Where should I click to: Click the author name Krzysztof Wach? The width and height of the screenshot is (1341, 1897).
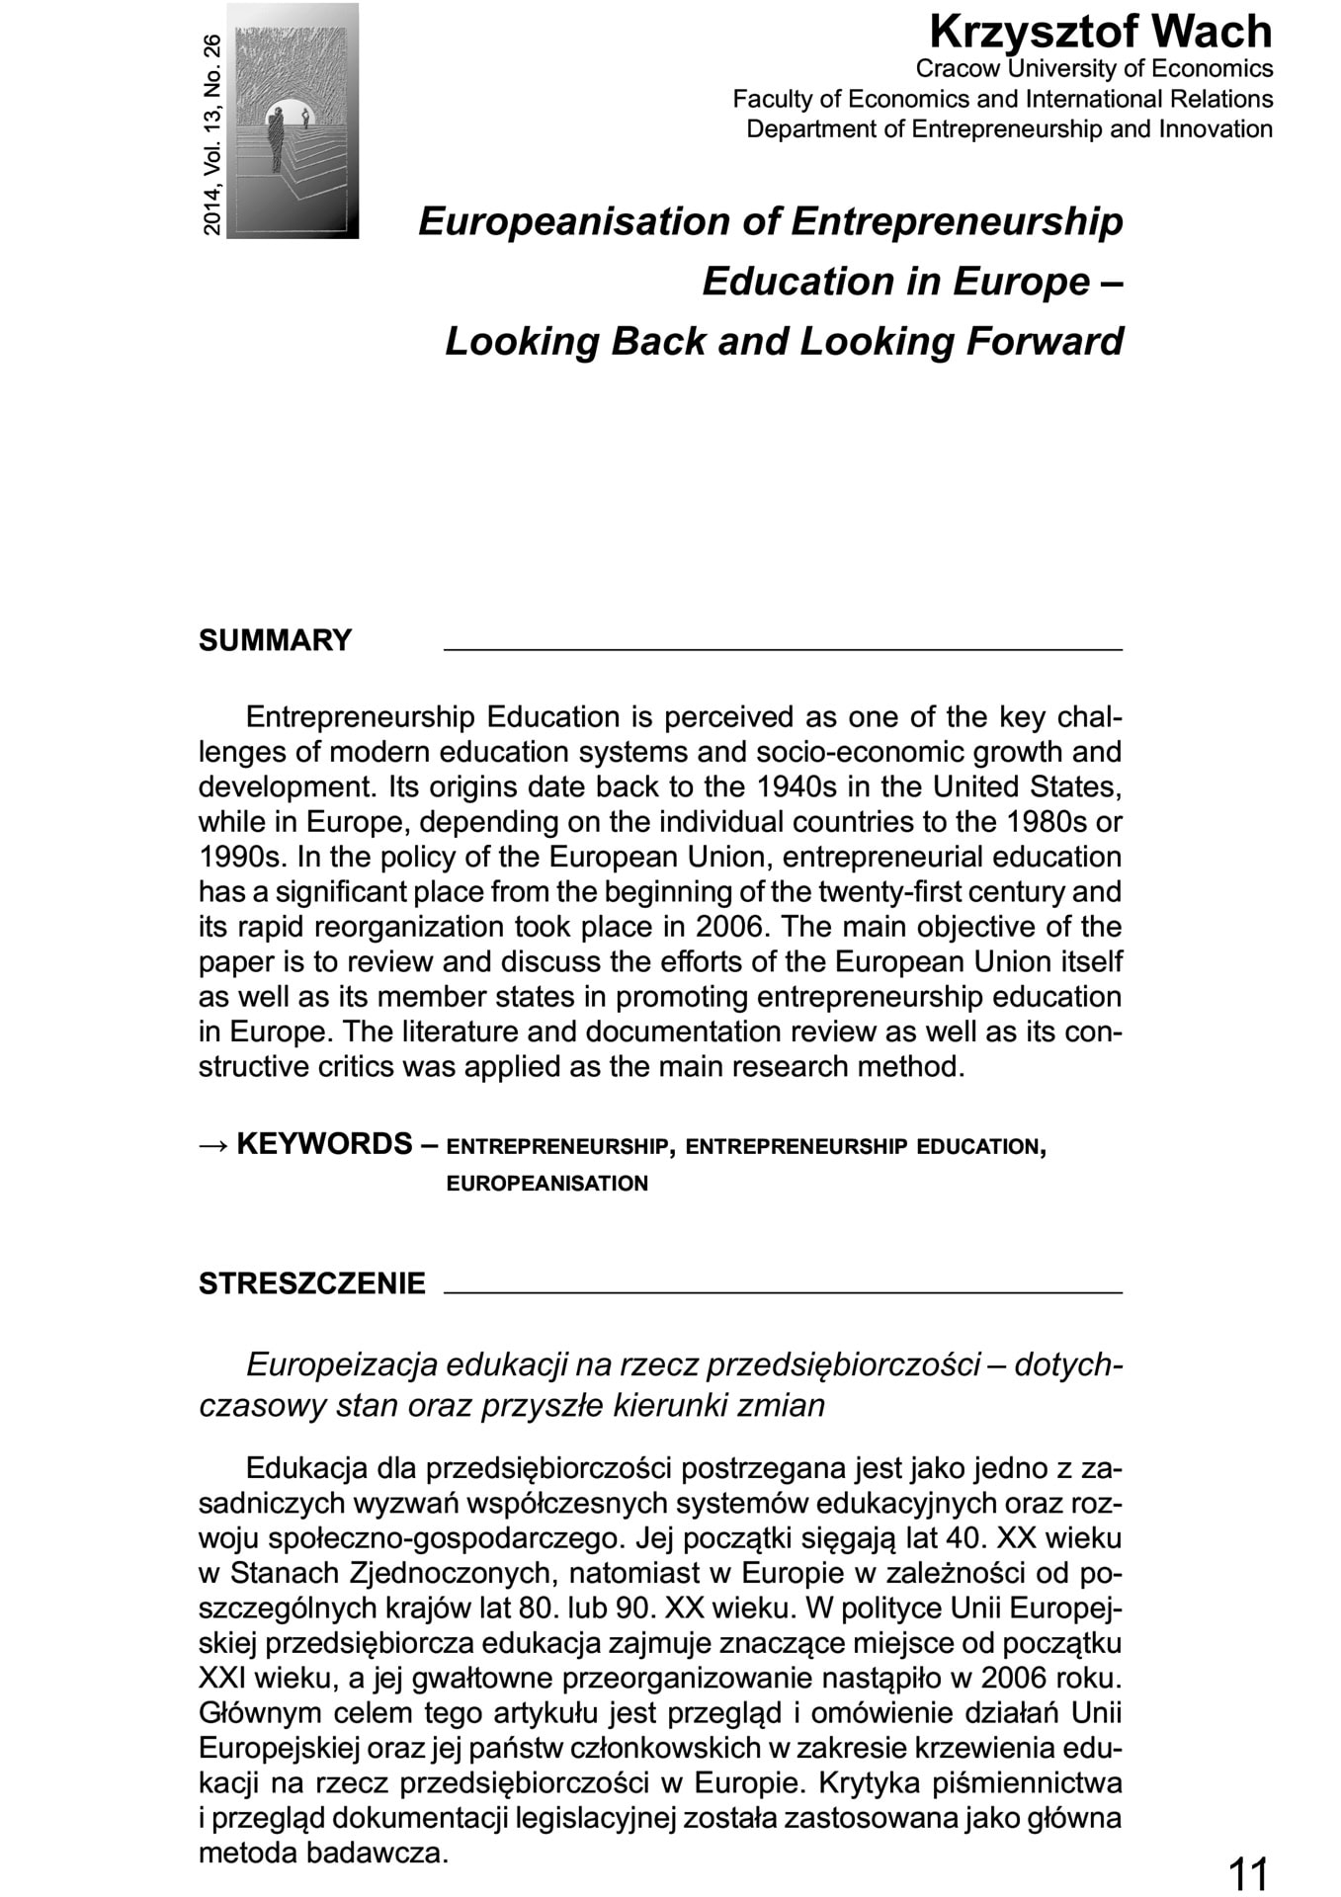click(x=1100, y=33)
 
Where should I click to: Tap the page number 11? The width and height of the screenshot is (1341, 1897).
click(x=1247, y=1871)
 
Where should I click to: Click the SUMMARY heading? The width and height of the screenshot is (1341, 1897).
click(x=275, y=640)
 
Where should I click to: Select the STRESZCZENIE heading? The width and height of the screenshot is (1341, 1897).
click(x=312, y=1283)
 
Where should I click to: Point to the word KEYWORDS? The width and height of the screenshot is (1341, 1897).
click(x=324, y=1144)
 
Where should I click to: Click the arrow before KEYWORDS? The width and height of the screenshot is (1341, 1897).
click(x=213, y=1145)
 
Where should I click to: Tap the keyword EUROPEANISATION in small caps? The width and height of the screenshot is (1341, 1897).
click(x=546, y=1184)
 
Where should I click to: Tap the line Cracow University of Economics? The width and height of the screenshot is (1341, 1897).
click(x=1094, y=69)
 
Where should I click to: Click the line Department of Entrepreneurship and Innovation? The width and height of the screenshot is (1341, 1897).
click(x=1009, y=129)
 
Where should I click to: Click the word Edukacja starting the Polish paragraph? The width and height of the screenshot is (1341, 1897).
click(x=306, y=1469)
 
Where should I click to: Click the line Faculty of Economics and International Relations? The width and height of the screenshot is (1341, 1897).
click(x=1002, y=99)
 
